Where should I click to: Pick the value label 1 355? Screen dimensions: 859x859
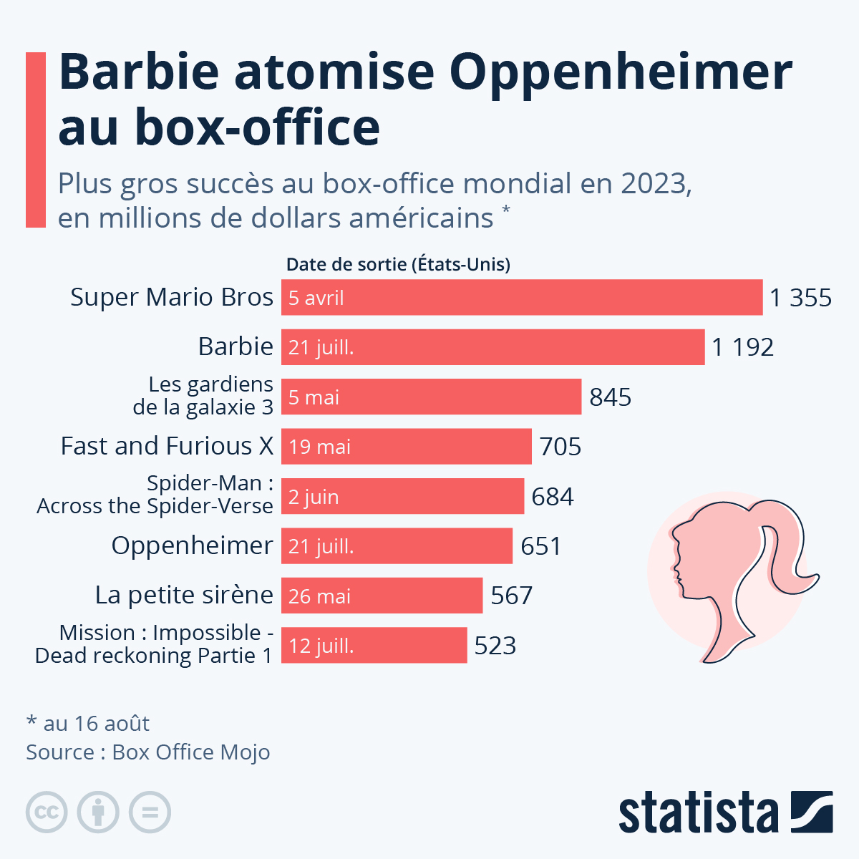(800, 298)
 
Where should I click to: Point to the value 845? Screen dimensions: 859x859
(610, 397)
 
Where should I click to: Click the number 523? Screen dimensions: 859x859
(495, 646)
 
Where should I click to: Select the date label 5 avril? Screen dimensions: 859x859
(316, 298)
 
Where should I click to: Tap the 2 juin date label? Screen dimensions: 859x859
(314, 497)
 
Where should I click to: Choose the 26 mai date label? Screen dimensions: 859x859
(319, 596)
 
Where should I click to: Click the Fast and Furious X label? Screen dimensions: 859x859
(167, 446)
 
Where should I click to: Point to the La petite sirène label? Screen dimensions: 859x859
(184, 595)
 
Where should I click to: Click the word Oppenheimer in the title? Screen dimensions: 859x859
(621, 72)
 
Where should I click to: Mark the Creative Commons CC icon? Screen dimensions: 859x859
(47, 812)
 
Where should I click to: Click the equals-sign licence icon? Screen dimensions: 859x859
(150, 812)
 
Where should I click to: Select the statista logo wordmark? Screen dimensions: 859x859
(698, 813)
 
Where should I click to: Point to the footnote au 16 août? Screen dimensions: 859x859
(88, 724)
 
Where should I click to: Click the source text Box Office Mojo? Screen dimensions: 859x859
(191, 752)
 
